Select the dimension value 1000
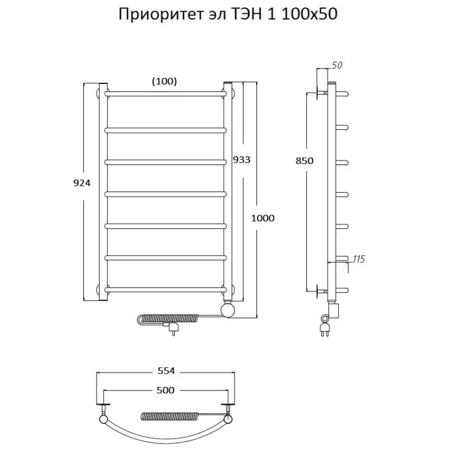tap(262, 218)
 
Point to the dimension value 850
tap(305, 161)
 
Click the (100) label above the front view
tap(164, 81)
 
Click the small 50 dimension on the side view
tap(338, 65)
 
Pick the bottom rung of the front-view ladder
tap(164, 289)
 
